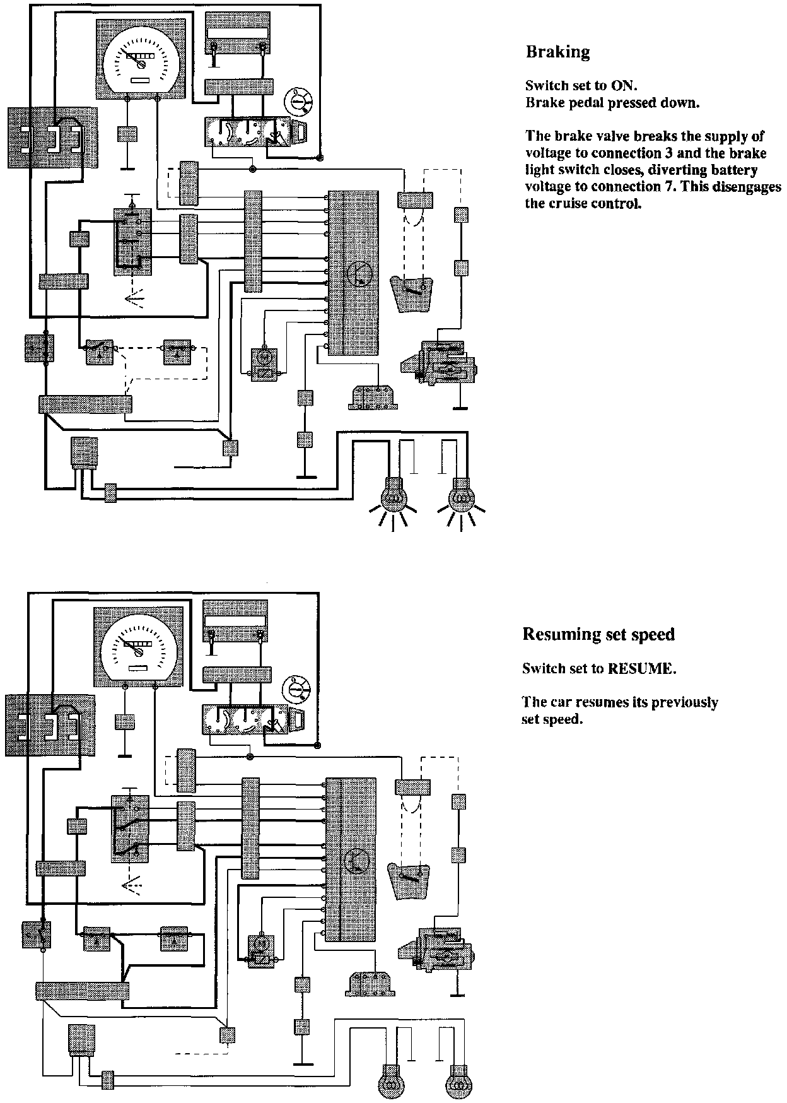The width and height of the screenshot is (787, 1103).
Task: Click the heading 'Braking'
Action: point(557,52)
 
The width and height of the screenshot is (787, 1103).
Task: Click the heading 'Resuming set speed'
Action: point(598,634)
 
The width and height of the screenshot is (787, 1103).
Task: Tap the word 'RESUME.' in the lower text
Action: point(642,669)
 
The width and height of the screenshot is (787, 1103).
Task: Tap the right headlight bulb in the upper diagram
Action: point(462,497)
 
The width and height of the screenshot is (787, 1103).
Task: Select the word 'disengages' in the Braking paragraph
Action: point(750,187)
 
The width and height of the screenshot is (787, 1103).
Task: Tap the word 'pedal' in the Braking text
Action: point(586,103)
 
